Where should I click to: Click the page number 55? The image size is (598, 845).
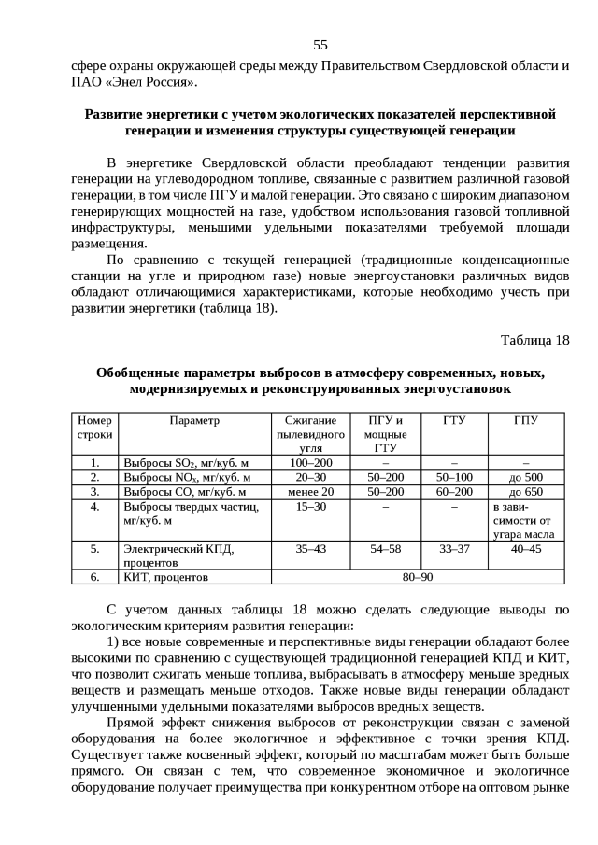point(320,45)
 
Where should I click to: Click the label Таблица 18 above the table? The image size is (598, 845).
point(534,338)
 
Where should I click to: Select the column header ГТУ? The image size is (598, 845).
point(454,420)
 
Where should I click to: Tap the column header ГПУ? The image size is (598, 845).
point(526,420)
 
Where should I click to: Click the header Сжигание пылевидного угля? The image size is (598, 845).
point(310,434)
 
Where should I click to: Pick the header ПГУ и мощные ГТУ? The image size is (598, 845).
point(385,434)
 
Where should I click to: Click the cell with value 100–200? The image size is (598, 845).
point(310,462)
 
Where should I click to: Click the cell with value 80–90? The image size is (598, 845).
point(418,577)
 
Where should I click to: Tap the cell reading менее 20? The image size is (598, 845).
point(310,491)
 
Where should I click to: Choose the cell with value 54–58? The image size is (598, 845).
point(385,549)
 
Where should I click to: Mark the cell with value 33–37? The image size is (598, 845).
point(454,549)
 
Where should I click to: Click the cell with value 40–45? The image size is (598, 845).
point(526,549)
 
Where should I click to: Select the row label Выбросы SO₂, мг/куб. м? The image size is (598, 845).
point(186,462)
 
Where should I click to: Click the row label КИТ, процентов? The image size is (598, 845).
point(165,577)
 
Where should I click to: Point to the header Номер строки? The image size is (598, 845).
point(94,428)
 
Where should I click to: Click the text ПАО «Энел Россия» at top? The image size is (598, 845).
point(134,83)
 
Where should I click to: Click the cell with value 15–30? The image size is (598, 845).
point(310,506)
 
